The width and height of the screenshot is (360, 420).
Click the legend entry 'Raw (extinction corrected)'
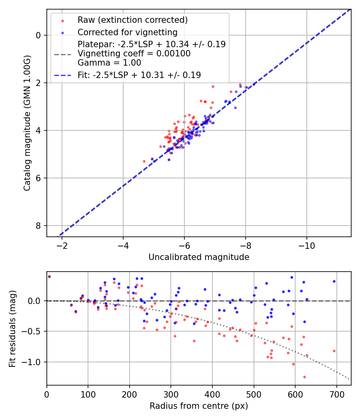click(132, 20)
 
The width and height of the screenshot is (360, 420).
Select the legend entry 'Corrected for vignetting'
click(127, 32)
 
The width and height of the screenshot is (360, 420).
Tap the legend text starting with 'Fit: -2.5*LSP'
click(139, 75)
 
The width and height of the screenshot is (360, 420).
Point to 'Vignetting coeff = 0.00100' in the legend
click(134, 54)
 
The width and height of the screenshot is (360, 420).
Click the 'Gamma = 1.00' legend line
click(109, 63)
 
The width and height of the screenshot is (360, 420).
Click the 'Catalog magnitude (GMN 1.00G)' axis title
click(27, 123)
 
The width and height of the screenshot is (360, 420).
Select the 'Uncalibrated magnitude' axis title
click(199, 257)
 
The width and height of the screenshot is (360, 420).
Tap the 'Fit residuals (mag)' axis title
click(13, 328)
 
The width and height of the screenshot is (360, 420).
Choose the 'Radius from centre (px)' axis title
click(199, 406)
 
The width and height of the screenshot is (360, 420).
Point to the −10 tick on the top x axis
click(306, 245)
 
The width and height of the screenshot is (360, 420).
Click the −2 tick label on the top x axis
click(62, 245)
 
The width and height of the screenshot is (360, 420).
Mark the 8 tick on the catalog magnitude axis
click(38, 226)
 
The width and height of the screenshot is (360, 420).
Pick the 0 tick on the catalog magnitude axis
click(38, 35)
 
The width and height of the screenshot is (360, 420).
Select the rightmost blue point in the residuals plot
click(334, 281)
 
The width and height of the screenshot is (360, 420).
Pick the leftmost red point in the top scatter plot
click(144, 161)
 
